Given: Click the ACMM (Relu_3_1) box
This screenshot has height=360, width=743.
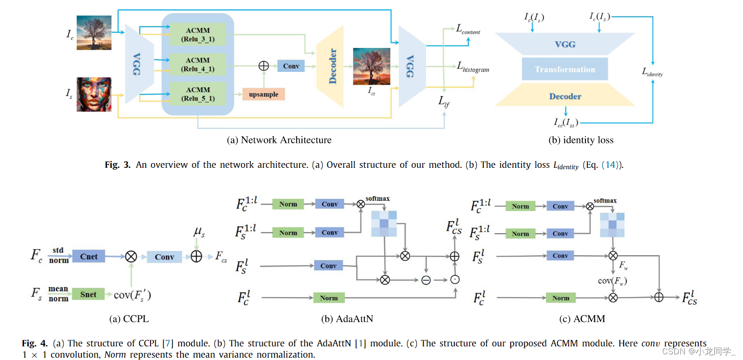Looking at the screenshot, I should click(198, 35).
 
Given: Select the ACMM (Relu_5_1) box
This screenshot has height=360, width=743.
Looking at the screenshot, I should click(198, 94).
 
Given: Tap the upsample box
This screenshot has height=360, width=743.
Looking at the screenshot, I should click(263, 94).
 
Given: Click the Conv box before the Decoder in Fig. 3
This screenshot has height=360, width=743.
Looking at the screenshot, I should click(291, 66).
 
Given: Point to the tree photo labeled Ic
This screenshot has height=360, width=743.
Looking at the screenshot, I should click(94, 32).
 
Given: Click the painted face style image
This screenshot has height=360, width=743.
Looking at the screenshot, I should click(94, 94).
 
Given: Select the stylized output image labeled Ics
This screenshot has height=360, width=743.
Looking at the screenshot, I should click(371, 66).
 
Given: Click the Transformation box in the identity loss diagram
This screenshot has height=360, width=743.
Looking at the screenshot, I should click(565, 69).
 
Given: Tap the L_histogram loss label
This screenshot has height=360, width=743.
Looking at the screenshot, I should click(473, 67).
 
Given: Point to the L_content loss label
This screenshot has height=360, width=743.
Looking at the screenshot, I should click(468, 29).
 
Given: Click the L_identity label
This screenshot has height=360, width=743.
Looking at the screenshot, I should click(652, 72).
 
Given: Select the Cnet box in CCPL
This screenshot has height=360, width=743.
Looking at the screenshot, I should click(88, 257).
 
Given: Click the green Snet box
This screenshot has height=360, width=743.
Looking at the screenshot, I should click(88, 294).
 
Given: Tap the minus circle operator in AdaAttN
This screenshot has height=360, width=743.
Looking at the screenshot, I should click(426, 280).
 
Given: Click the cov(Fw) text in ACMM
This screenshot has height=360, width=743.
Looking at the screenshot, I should click(612, 281).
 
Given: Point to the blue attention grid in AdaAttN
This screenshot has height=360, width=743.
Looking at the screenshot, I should click(384, 224).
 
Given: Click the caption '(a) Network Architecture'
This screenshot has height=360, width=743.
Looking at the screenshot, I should click(279, 140).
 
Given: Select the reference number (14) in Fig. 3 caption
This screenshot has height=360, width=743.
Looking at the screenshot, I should click(610, 165).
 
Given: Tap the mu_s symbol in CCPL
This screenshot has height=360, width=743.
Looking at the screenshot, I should click(199, 232).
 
